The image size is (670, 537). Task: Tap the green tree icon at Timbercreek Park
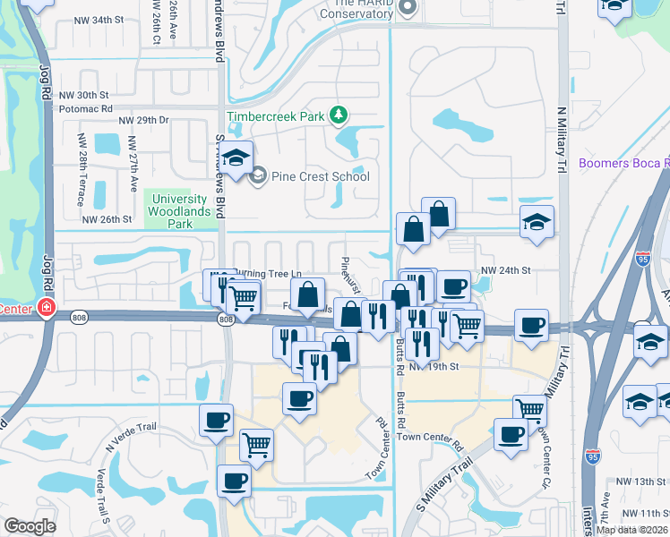tap(339, 115)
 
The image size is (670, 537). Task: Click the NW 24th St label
tap(506, 269)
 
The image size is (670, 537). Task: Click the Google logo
tap(30, 526)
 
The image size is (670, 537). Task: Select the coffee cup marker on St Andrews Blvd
tap(216, 421)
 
